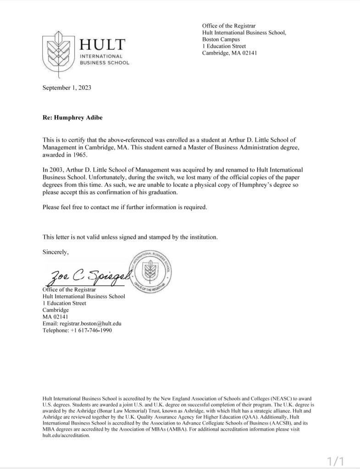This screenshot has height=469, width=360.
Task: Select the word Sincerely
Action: pyautogui.click(x=55, y=252)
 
